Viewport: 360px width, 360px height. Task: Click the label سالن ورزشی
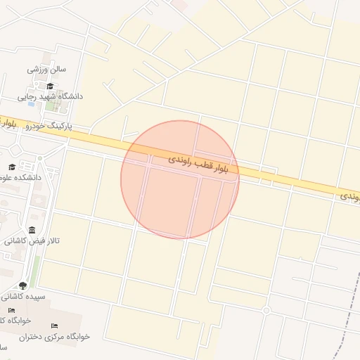46,70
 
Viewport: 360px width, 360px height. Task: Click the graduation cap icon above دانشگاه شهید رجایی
49,86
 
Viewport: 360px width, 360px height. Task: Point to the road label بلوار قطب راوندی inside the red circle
203,165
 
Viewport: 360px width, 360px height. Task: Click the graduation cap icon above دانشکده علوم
12,167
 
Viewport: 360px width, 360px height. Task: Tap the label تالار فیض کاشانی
34,241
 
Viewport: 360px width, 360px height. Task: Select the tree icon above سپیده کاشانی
22,285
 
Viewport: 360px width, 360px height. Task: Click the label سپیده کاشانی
24,297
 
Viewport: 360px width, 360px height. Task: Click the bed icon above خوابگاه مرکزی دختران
54,326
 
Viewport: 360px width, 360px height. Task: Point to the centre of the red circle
180,179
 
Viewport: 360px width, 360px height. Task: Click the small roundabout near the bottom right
266,310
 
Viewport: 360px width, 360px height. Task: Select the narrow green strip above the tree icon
34,267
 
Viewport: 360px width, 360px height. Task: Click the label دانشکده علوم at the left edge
22,178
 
